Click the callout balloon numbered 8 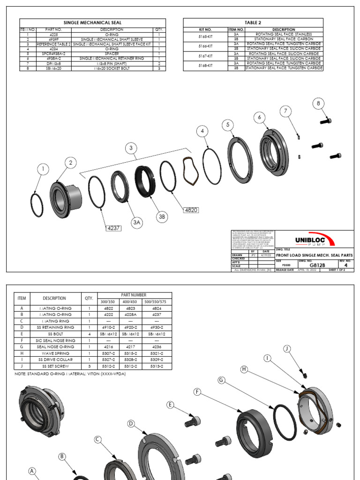[x=318, y=103]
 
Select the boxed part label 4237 [x=113, y=228]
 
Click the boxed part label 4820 [x=191, y=210]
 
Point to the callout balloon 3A [x=136, y=223]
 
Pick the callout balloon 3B [x=162, y=216]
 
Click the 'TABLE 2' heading [x=253, y=22]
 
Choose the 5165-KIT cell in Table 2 [x=205, y=36]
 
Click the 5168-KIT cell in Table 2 [x=205, y=66]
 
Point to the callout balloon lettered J [x=287, y=348]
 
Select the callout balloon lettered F [x=198, y=390]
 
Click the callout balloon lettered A [x=32, y=471]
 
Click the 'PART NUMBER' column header [x=134, y=294]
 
